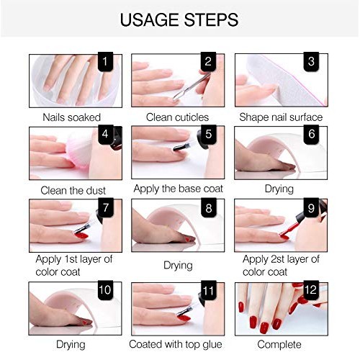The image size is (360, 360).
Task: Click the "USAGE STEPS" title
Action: [179, 18]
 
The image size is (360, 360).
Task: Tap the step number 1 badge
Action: [107, 63]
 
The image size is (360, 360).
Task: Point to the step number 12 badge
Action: [311, 291]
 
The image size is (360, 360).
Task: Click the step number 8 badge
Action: [207, 210]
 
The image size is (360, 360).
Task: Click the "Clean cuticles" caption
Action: [177, 117]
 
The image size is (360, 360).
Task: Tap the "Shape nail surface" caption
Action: [282, 117]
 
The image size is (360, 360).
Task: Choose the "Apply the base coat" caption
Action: [178, 189]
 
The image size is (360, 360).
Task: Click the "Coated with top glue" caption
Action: [178, 344]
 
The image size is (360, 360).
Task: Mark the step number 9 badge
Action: [311, 210]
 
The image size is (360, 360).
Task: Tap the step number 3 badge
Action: [311, 63]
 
